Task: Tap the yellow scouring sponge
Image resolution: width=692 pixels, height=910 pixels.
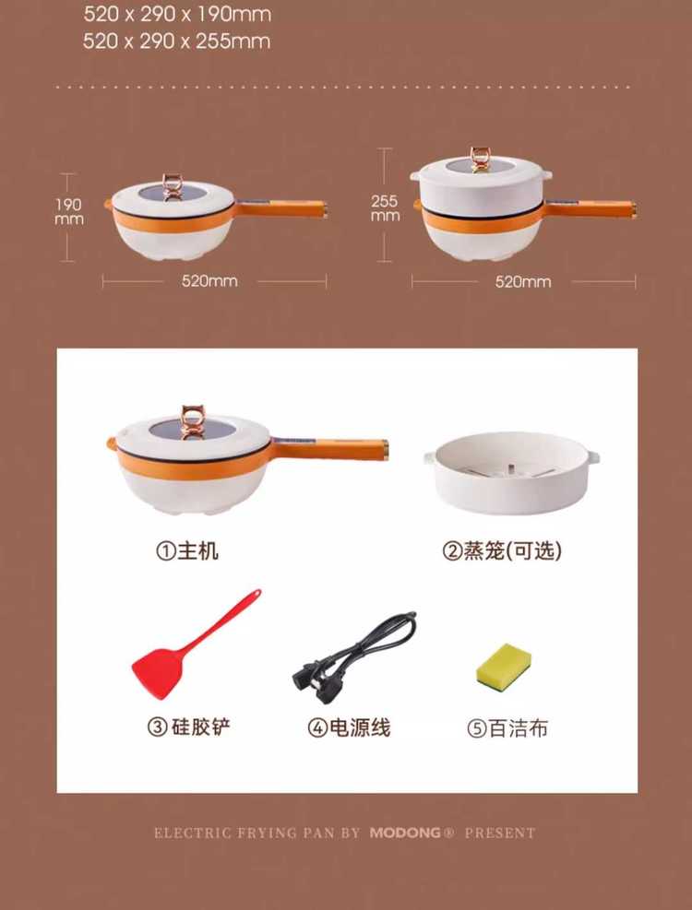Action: coord(504,665)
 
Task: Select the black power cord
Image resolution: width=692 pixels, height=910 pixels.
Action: coord(354,656)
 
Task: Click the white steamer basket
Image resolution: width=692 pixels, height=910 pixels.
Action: coord(511,472)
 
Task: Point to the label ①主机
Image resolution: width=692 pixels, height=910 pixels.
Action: coord(187,550)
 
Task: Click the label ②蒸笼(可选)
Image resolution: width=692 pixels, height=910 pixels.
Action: coord(502,550)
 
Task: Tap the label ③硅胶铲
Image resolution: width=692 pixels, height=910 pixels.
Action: coord(189,727)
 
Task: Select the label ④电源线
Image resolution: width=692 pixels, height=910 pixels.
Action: coord(349,727)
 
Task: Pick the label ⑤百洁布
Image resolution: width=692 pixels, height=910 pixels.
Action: coord(507,727)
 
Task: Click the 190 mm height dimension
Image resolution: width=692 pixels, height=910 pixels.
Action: coord(68,211)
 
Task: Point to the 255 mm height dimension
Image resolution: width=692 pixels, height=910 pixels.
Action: coord(386,207)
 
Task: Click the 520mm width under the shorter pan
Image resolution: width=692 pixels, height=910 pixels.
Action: coord(209,281)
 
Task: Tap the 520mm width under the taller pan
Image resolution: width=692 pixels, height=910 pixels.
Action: coord(523,282)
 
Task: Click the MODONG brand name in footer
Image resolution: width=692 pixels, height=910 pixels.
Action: coord(406,833)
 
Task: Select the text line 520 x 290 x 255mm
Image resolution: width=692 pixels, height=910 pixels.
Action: coord(176,41)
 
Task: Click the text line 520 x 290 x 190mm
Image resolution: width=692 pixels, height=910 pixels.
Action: coord(177,14)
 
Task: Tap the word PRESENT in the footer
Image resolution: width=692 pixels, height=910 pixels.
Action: coord(500,833)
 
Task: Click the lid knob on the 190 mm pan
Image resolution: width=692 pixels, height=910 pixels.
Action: coord(173,187)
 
